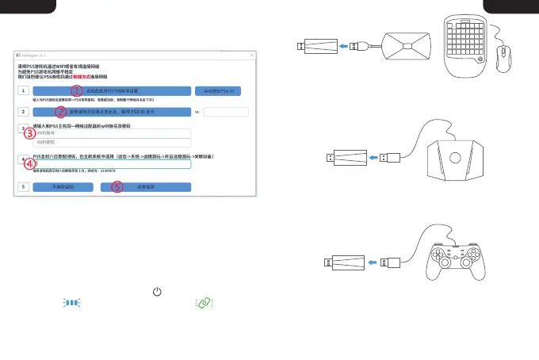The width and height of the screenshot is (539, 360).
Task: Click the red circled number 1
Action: point(78,91)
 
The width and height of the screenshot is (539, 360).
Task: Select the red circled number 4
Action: point(29,165)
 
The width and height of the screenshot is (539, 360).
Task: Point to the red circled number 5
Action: point(117,187)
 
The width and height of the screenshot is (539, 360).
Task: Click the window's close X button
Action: point(251,56)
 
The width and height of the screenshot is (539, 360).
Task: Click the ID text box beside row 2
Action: point(226,112)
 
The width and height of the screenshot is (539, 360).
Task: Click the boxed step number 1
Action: point(24,91)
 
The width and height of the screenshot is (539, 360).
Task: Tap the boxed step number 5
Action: point(24,187)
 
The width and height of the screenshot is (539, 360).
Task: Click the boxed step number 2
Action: point(24,112)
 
